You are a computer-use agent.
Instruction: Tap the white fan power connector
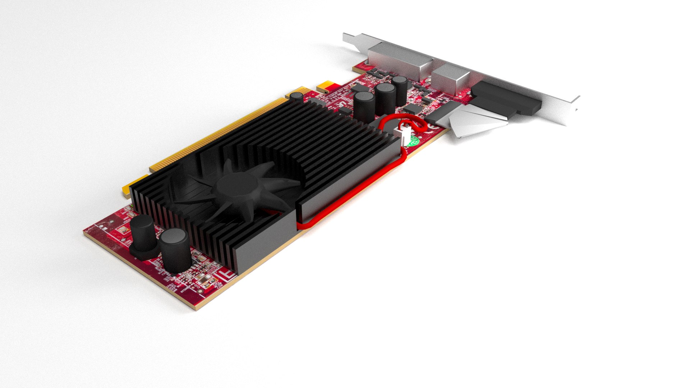405,135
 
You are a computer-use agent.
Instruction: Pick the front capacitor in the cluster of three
364,106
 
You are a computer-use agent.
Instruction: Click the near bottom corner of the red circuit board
196,308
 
